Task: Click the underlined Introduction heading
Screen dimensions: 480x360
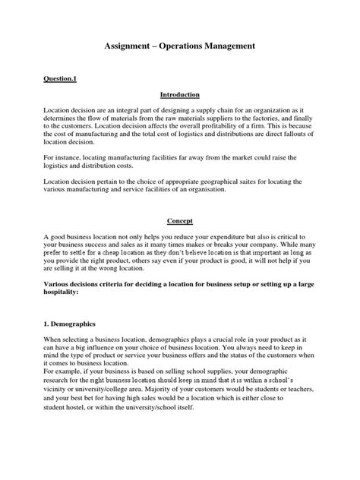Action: pos(179,95)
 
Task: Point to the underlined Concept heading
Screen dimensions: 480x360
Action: pos(179,221)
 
